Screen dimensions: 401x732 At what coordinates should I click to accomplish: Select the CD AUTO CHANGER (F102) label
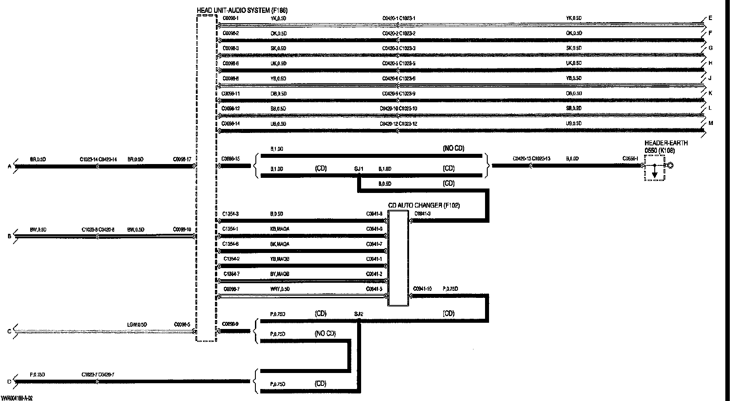tap(424, 205)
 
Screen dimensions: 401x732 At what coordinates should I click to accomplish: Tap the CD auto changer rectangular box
tap(398, 258)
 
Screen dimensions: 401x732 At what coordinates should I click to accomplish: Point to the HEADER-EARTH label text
tap(666, 143)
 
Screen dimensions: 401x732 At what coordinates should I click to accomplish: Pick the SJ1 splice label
tap(358, 169)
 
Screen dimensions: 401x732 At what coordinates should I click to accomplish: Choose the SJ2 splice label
tap(358, 314)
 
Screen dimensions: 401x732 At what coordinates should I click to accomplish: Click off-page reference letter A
tap(9, 167)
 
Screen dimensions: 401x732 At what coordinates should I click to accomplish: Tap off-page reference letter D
tap(9, 381)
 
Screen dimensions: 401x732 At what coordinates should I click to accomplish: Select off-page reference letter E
tap(710, 18)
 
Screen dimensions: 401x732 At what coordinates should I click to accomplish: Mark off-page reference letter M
tap(711, 123)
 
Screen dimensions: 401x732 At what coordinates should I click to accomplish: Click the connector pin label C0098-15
tap(231, 159)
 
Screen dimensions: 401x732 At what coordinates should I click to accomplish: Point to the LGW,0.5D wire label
tap(137, 325)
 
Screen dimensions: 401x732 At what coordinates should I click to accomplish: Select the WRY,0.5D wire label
tap(280, 289)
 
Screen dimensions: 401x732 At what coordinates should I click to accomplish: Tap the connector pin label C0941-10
tap(422, 289)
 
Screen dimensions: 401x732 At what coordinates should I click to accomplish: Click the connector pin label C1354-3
tap(231, 214)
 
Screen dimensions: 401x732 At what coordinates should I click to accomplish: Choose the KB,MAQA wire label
tap(280, 229)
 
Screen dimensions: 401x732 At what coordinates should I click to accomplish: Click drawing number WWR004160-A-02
tap(17, 398)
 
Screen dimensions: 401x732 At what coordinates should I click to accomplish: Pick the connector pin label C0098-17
tap(182, 159)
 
